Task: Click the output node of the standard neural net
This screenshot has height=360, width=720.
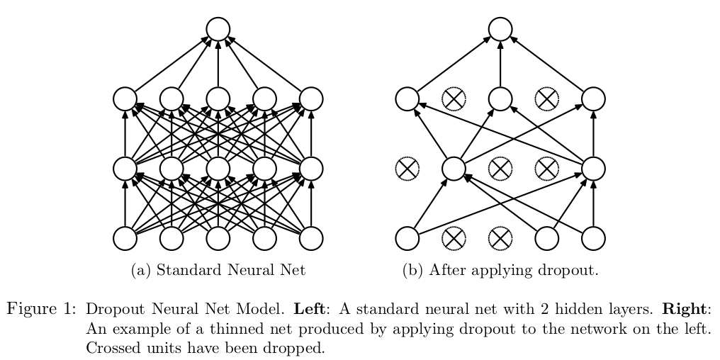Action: pyautogui.click(x=218, y=29)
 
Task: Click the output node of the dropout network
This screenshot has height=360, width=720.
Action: pyautogui.click(x=500, y=29)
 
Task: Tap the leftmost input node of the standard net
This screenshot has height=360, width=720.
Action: pyautogui.click(x=125, y=239)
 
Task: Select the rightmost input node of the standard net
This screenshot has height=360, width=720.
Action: pyautogui.click(x=311, y=239)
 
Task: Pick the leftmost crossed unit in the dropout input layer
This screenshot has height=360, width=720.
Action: pyautogui.click(x=454, y=239)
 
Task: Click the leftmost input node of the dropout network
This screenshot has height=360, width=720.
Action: pyautogui.click(x=407, y=239)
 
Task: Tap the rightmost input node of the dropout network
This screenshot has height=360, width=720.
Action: pyautogui.click(x=593, y=239)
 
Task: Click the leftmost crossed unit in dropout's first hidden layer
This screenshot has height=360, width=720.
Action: pyautogui.click(x=407, y=169)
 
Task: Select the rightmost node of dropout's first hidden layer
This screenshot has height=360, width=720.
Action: pyautogui.click(x=593, y=169)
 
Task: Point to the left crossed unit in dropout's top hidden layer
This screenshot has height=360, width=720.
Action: pyautogui.click(x=454, y=99)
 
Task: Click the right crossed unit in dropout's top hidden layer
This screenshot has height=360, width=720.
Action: pyautogui.click(x=546, y=99)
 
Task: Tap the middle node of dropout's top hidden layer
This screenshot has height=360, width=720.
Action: pyautogui.click(x=500, y=99)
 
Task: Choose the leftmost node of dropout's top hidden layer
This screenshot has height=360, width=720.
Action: pyautogui.click(x=407, y=99)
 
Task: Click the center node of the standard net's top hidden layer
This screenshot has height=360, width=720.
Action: pyautogui.click(x=218, y=99)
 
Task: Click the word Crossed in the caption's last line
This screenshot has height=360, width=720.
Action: pyautogui.click(x=110, y=349)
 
